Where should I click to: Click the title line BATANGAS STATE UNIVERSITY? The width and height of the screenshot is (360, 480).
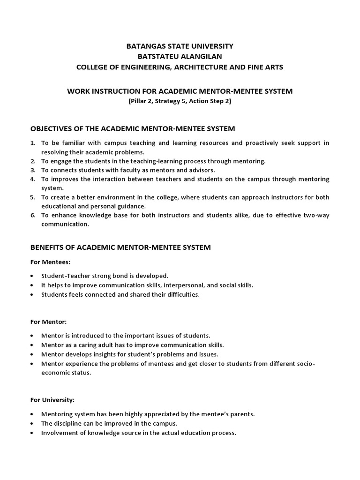tap(180, 46)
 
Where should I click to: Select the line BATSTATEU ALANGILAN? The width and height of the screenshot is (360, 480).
tap(180, 56)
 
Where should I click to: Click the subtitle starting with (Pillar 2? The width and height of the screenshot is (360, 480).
tap(180, 101)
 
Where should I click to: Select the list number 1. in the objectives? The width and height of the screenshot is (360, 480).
tap(33, 142)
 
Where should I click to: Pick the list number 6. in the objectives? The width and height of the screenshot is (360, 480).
tap(33, 215)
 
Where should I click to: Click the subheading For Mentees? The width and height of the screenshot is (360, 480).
tap(50, 262)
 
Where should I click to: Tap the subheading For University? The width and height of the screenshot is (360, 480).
tap(52, 400)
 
